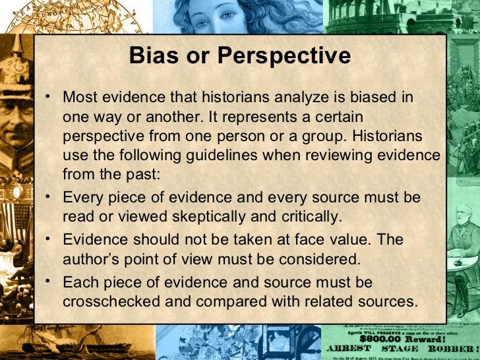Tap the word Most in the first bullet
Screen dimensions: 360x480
[x=80, y=98]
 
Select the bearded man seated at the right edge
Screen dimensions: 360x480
[x=462, y=231]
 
